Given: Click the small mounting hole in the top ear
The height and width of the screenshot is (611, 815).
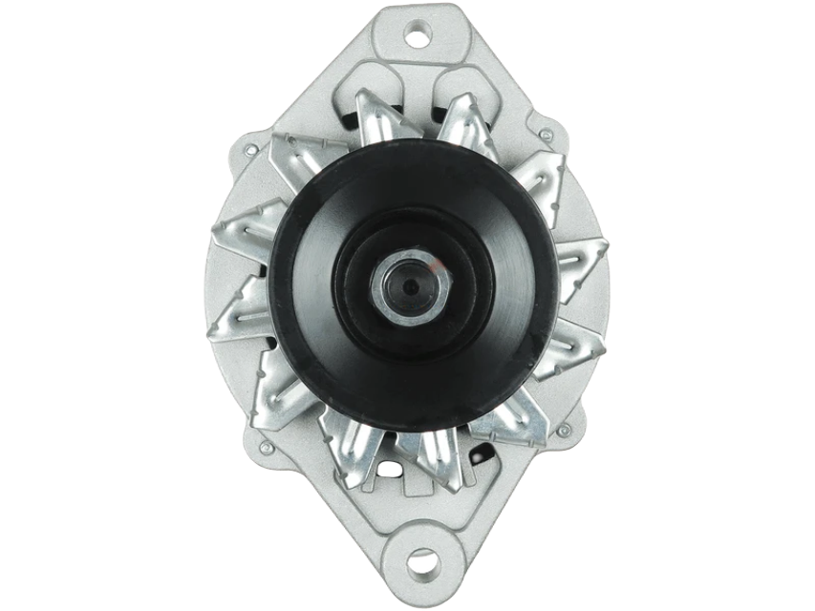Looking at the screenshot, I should [417, 37].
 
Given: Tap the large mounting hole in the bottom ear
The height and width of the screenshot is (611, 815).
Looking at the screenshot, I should [421, 562].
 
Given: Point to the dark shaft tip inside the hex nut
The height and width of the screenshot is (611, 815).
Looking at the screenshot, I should [410, 286].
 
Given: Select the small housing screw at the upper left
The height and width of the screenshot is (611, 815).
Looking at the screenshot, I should [250, 150].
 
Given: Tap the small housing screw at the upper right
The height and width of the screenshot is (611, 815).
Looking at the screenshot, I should [546, 136].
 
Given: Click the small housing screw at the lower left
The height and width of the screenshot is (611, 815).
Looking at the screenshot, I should [265, 446].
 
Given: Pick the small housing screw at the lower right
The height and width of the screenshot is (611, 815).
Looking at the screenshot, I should [564, 431].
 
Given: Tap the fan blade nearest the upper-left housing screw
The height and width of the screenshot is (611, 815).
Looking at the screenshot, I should [298, 158].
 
